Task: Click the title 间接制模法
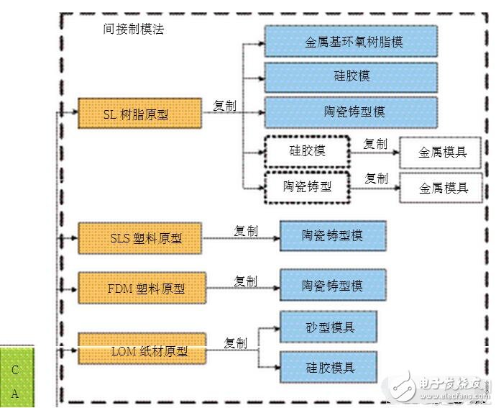(134, 31)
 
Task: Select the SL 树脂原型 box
(139, 114)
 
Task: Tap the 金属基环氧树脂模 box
(351, 41)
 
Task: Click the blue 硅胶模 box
(351, 76)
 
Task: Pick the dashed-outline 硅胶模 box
(307, 151)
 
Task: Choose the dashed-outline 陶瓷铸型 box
(307, 186)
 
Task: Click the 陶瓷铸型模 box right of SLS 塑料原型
(332, 235)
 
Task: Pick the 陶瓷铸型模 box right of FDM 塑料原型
(332, 285)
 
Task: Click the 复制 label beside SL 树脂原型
(224, 106)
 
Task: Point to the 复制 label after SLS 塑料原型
(245, 231)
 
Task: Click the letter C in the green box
(15, 371)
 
